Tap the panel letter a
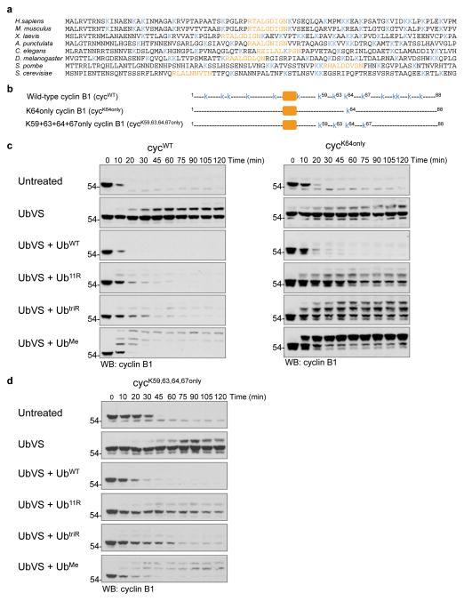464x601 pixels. click(x=4, y=4)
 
